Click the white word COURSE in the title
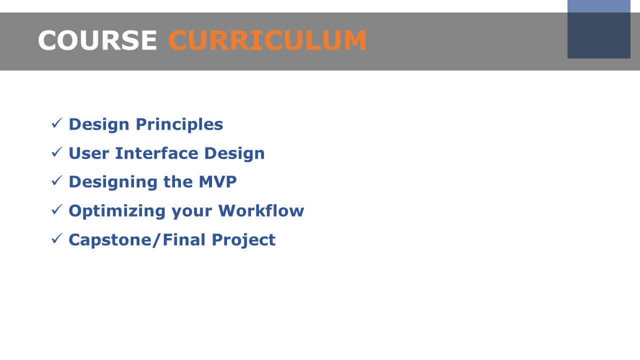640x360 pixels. tap(97, 40)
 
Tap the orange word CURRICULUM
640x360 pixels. tap(267, 40)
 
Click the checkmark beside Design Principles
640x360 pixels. tap(57, 123)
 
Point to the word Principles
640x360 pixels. tap(179, 125)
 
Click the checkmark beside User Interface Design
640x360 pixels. tap(57, 152)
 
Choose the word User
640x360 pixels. tap(89, 153)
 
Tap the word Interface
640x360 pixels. tap(156, 153)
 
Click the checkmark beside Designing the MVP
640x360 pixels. tap(57, 180)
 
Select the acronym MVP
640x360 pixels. tap(217, 181)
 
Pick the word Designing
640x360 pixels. tap(113, 182)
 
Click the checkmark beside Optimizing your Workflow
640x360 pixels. tap(57, 209)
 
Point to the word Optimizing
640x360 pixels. tap(117, 211)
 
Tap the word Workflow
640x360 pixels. tap(261, 210)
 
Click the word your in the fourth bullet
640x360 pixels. tap(192, 212)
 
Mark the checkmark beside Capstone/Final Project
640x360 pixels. tap(57, 238)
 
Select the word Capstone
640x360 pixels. tap(110, 240)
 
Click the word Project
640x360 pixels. tap(243, 240)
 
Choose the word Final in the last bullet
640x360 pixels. tap(184, 239)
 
